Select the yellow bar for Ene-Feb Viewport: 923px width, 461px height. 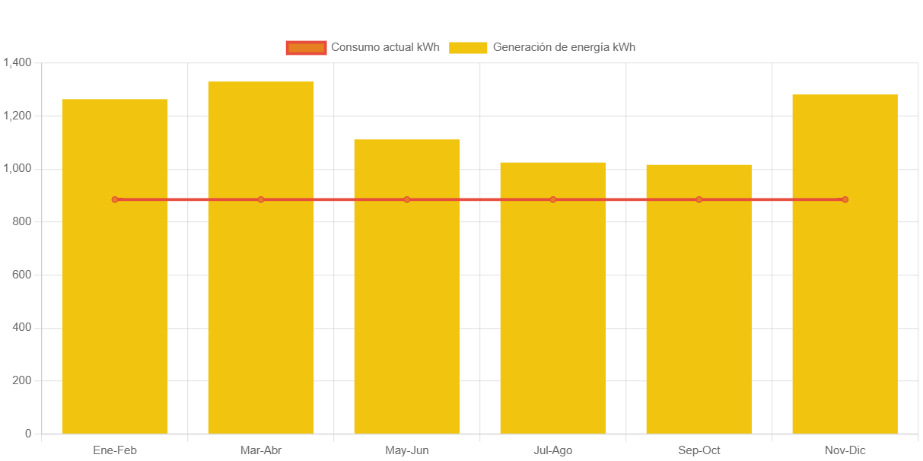115,304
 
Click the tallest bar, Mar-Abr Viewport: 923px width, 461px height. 261,304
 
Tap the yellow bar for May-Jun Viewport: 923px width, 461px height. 407,304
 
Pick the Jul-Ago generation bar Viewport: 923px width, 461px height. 553,304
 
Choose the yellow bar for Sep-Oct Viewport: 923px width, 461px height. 699,304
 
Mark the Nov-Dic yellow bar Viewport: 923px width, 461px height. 845,304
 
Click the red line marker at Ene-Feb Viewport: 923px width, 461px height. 115,199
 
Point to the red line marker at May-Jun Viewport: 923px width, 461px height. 407,199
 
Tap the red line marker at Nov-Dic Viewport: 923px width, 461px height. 845,199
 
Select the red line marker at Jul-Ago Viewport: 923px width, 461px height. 553,199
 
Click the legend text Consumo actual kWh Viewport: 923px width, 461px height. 385,47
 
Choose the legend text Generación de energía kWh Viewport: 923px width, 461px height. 564,47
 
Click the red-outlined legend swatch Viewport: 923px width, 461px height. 306,48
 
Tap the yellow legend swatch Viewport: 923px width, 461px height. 468,48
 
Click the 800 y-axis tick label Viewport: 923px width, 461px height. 22,221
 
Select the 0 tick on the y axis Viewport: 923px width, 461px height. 28,434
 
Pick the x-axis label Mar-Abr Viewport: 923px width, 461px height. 261,450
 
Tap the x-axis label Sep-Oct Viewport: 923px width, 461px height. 699,450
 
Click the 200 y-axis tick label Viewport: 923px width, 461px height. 22,380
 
